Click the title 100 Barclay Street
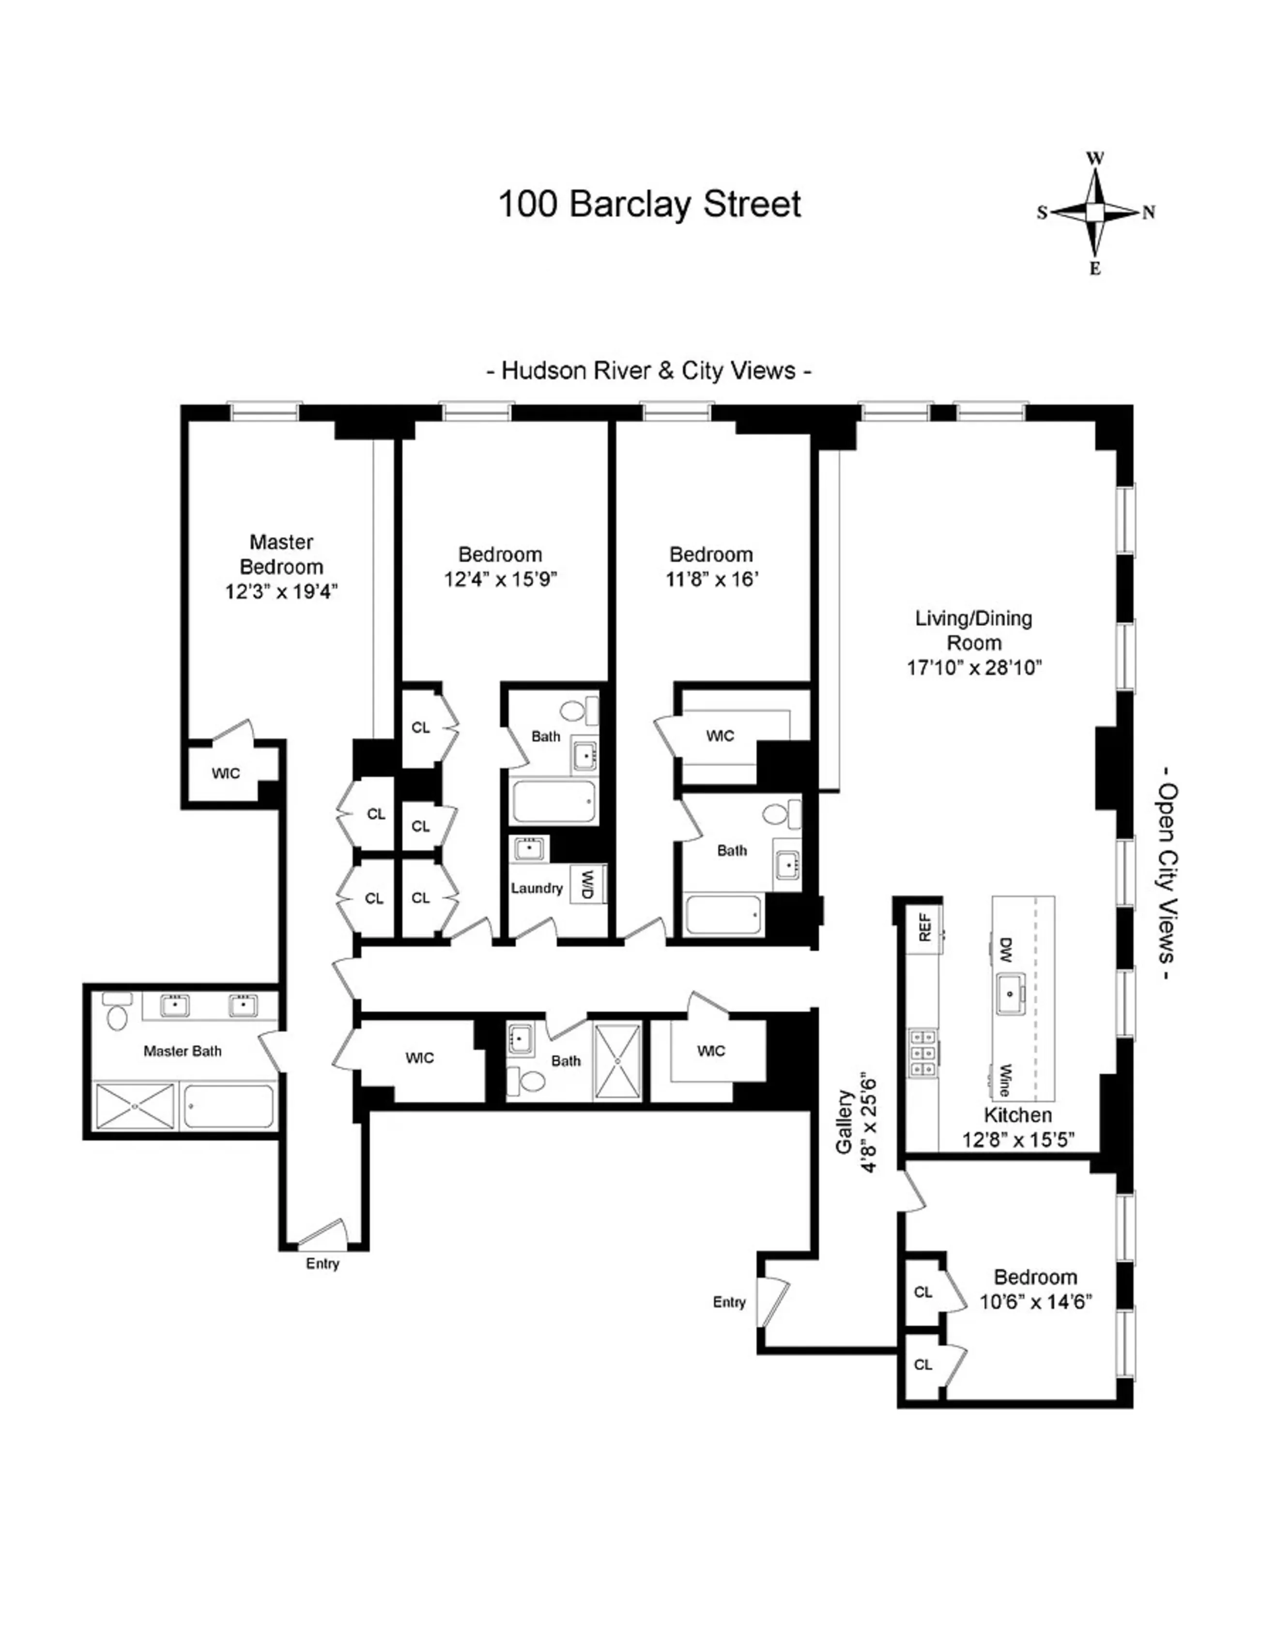tap(649, 204)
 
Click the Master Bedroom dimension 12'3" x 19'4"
tap(281, 592)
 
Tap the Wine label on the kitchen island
tap(1004, 1080)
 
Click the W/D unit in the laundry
tap(587, 884)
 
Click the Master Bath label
tap(182, 1051)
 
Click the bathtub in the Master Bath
tap(229, 1106)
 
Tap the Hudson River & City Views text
tap(648, 370)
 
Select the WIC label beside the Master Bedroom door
tap(226, 773)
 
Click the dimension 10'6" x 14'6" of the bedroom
tap(1035, 1301)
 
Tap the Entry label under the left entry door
tap(323, 1264)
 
